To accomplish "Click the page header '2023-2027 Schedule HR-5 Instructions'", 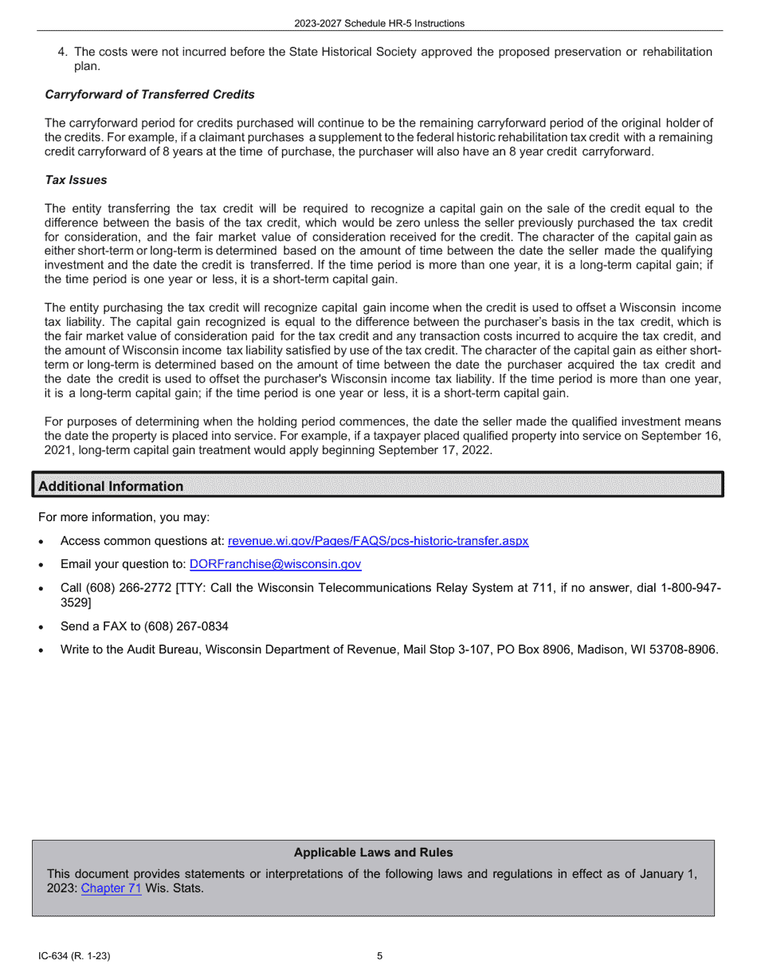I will click(x=378, y=23).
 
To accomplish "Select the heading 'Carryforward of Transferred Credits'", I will click(x=150, y=94).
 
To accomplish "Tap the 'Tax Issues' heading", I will click(x=76, y=180).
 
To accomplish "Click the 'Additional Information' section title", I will click(x=111, y=486).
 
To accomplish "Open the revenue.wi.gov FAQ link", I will click(x=378, y=541).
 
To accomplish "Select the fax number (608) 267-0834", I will click(x=181, y=626).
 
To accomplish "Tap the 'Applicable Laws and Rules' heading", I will click(x=373, y=853).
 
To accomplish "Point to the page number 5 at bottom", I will click(x=379, y=956).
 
